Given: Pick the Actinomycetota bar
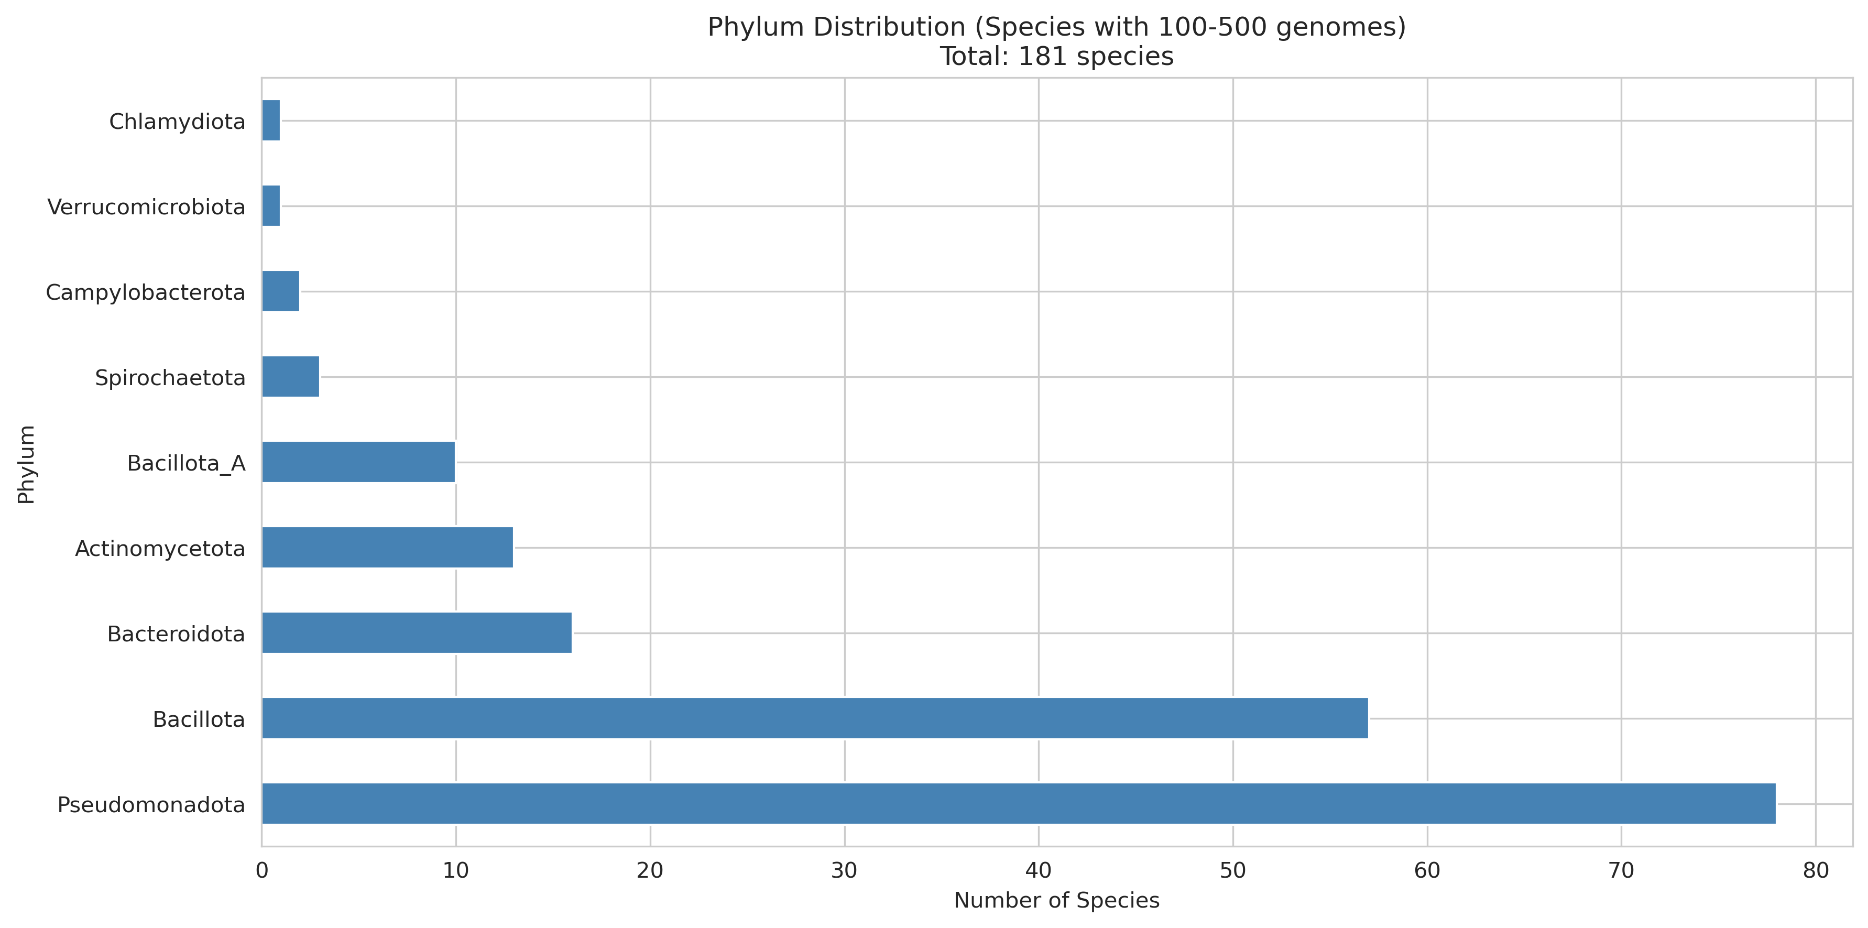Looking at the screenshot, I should point(387,548).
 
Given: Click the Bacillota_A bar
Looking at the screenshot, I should point(358,462).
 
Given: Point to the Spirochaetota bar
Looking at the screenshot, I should point(290,376).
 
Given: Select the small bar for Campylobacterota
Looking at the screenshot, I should point(281,291).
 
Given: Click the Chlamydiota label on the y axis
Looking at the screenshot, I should point(177,122).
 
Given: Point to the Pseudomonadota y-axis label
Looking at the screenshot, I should point(151,805).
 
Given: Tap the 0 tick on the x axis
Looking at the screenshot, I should point(262,871).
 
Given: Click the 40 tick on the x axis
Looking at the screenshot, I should point(1039,871).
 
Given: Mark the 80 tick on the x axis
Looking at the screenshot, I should point(1816,871).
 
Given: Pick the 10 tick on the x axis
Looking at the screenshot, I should point(456,871).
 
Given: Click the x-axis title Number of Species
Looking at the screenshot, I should point(1056,900).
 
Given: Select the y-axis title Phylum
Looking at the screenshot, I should point(26,464).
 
